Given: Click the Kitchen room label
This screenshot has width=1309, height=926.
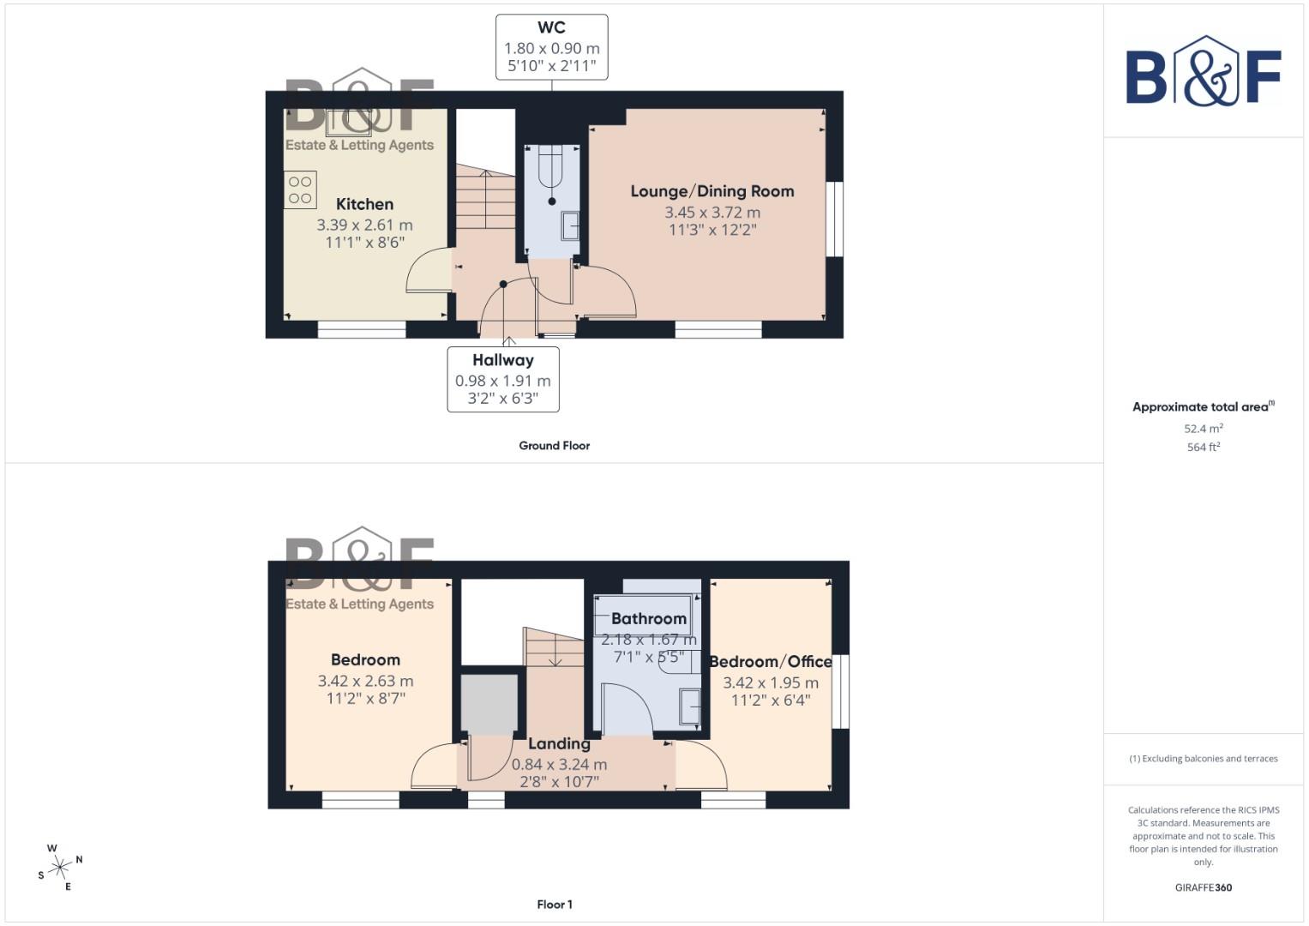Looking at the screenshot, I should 364,204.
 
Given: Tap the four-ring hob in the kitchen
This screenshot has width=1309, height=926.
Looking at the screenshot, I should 300,190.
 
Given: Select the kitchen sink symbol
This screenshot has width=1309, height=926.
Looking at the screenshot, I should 348,123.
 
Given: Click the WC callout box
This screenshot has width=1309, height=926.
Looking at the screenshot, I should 551,47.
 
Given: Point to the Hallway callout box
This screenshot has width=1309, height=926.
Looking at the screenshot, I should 503,379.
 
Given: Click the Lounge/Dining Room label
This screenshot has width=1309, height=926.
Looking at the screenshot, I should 712,191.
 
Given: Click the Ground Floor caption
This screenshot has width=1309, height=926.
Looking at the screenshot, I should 554,446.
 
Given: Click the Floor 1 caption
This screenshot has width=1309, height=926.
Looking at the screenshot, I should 554,905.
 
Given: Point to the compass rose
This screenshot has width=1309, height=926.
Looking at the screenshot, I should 60,868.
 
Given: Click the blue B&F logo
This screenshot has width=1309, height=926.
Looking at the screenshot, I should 1203,73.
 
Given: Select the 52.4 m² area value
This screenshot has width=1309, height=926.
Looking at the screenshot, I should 1203,429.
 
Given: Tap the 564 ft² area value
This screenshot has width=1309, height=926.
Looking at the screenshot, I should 1203,448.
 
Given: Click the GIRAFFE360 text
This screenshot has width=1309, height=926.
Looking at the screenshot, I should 1203,887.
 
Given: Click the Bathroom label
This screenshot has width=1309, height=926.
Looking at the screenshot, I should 648,619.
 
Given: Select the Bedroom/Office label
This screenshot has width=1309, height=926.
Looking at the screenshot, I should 770,662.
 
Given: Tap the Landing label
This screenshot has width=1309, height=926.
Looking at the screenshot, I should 558,744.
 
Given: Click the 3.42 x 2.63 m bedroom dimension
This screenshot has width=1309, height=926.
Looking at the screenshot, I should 365,682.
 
